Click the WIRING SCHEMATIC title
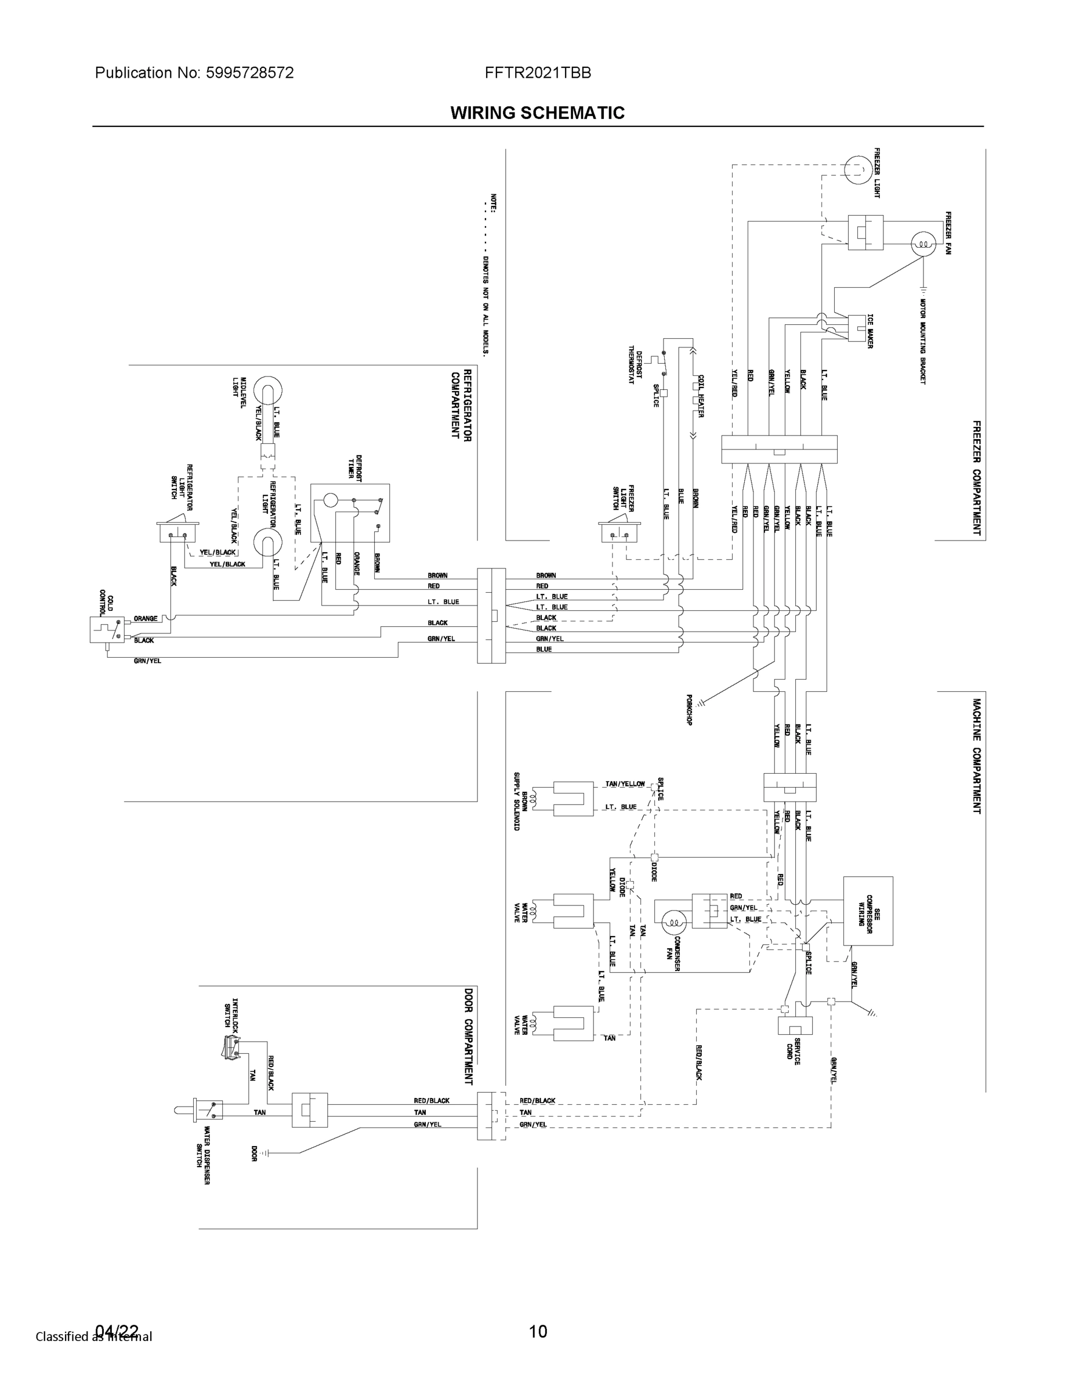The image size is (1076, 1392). (537, 113)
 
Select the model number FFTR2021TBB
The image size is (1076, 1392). (537, 72)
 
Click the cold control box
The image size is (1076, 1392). (107, 630)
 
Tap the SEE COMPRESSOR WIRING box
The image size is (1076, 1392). (868, 911)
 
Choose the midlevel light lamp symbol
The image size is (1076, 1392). (269, 390)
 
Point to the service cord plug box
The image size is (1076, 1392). (795, 1025)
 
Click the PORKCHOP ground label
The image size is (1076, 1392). (689, 710)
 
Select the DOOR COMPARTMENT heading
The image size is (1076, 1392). (469, 1036)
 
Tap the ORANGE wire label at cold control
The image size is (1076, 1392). (146, 619)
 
